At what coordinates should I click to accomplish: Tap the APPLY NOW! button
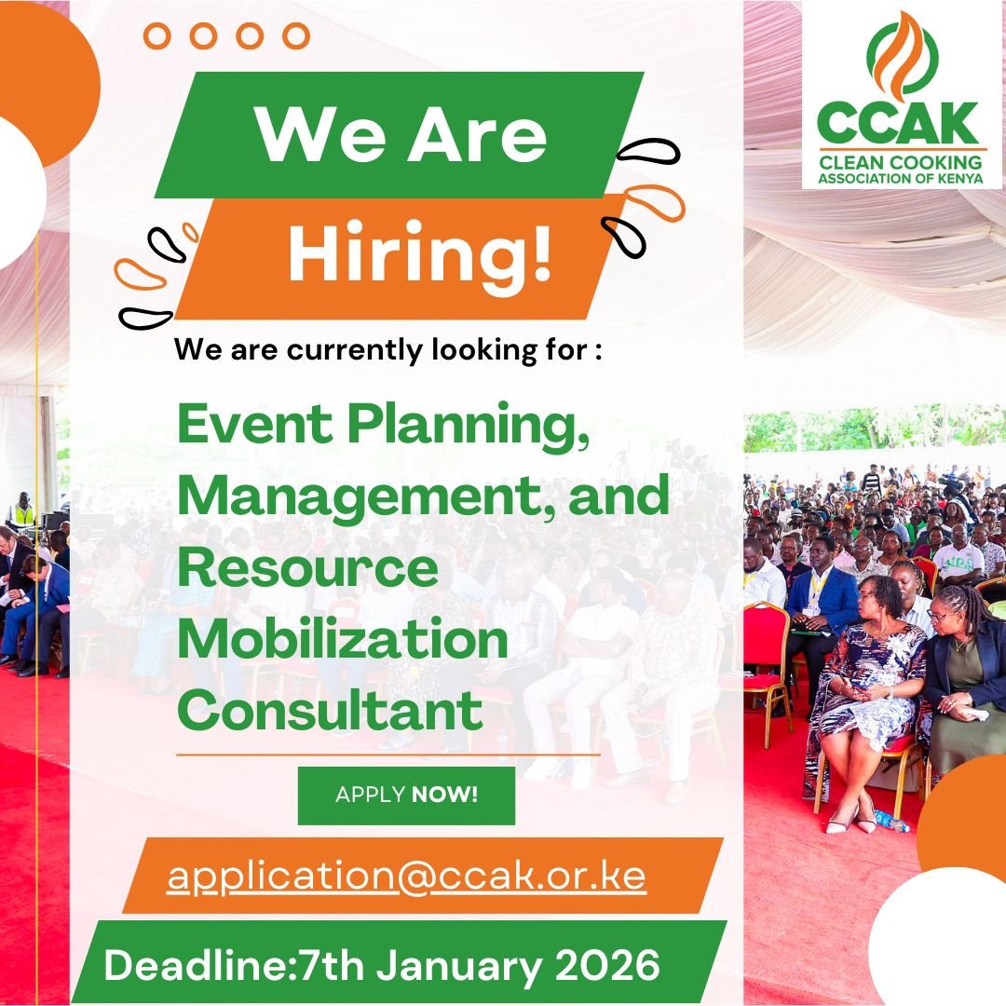tap(406, 795)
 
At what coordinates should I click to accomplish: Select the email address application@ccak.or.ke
tap(406, 877)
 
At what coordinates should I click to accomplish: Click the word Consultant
tap(330, 713)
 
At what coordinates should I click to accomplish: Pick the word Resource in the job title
tap(307, 568)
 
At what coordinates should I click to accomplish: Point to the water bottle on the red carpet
tap(890, 821)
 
